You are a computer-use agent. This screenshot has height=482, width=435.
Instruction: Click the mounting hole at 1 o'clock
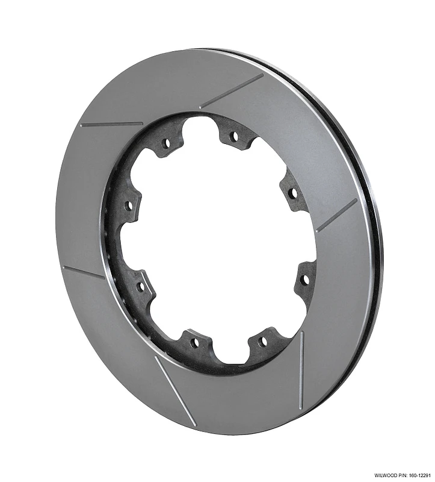click(234, 137)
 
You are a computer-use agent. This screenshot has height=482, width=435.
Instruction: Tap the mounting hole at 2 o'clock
click(292, 193)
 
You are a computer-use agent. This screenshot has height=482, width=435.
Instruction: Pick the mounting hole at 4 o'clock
click(304, 280)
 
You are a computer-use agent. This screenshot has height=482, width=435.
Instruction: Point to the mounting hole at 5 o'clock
click(262, 341)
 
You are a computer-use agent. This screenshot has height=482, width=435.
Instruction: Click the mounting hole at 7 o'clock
click(194, 342)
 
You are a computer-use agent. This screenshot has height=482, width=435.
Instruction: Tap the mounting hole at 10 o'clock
click(128, 205)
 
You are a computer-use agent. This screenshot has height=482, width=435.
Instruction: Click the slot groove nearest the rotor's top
click(232, 92)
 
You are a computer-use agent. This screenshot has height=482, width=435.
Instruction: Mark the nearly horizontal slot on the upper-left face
click(111, 124)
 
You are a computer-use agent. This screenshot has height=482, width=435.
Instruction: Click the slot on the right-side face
click(336, 216)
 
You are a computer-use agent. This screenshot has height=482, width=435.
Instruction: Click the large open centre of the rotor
click(217, 241)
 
